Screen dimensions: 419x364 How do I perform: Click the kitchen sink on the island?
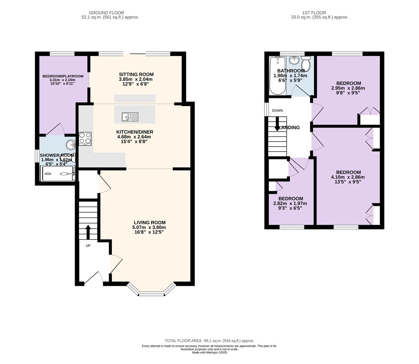tap(130, 117)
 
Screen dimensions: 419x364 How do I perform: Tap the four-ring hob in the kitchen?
tap(85, 139)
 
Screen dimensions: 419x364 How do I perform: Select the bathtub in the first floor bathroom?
tap(278, 75)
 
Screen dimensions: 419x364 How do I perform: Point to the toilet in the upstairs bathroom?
tap(306, 63)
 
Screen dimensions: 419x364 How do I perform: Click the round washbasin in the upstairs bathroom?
tap(294, 60)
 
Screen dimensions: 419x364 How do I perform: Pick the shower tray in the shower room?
tap(58, 174)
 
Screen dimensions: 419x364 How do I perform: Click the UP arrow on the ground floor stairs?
tap(88, 232)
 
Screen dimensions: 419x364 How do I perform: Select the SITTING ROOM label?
tap(136, 74)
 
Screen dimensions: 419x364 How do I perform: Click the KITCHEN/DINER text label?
tap(135, 132)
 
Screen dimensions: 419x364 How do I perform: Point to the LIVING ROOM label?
tap(150, 222)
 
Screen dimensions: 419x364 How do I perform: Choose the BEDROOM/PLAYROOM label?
tap(63, 76)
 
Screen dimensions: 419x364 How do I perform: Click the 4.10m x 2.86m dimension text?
tap(348, 177)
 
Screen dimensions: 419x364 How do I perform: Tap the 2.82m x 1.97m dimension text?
tap(290, 203)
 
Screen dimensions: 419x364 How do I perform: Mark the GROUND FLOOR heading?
tap(106, 13)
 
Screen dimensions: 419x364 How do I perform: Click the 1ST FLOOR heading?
tap(314, 13)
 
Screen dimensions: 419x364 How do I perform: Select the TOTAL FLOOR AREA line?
tap(209, 341)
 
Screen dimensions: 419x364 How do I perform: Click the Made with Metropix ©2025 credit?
tap(209, 353)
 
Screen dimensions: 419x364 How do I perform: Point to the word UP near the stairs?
tap(88, 246)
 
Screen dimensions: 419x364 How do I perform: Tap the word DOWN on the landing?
tap(277, 111)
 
